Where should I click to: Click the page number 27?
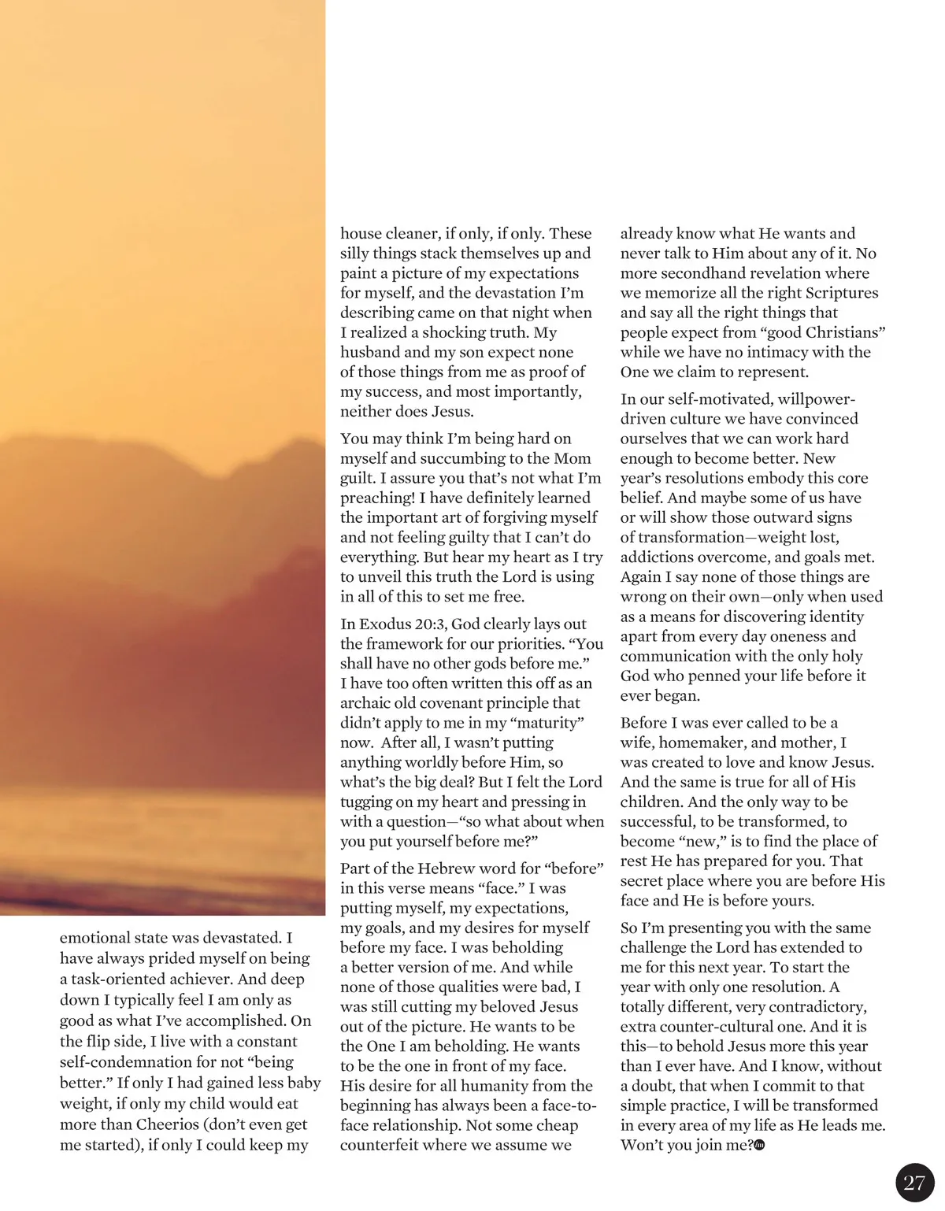[914, 1183]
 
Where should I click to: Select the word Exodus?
[386, 624]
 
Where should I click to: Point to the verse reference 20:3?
[429, 624]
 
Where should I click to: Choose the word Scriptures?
[838, 293]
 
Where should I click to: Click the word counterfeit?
[380, 1145]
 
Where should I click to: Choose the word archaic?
[368, 703]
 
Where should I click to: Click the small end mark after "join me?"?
[760, 1146]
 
